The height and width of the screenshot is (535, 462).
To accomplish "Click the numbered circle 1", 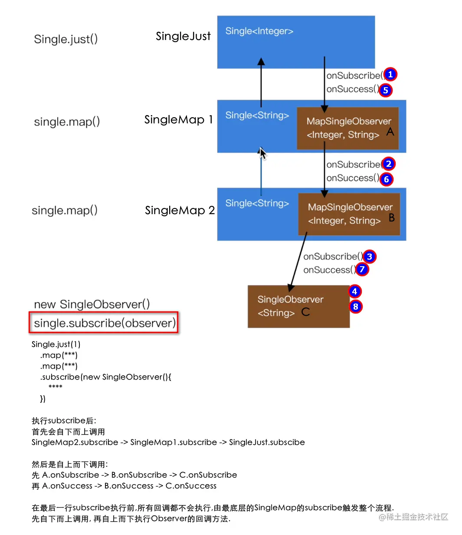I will coord(390,74).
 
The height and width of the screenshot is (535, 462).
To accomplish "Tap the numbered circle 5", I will coord(385,90).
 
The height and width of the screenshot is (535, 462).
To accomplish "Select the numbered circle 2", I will coord(389,164).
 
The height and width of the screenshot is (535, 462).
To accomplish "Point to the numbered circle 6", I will coord(387,179).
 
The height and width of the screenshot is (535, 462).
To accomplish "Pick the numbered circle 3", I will coord(369,256).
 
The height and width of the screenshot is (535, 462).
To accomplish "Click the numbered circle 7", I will coord(362,269).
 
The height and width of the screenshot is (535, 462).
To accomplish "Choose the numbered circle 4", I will coord(354,291).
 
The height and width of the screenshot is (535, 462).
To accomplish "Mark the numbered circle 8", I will coord(355,307).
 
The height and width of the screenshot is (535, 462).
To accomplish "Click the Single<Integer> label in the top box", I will coord(259,31).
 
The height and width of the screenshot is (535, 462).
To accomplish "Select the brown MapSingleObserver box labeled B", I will coord(349,214).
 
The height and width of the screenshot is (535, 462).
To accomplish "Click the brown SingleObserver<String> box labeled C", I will coord(298,306).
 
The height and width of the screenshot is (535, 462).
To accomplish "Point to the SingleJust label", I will coord(183,36).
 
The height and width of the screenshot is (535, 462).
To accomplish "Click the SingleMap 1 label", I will coord(178,119).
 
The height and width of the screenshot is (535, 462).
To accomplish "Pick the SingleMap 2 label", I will coord(180,210).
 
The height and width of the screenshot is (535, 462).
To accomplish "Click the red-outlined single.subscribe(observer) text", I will coord(104,323).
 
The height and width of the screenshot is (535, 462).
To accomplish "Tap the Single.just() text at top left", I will coord(66,39).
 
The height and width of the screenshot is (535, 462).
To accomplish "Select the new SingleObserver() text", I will coord(92,304).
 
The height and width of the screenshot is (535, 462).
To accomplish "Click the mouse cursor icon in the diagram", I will coord(262,153).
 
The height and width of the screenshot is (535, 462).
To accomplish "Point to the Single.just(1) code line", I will coord(56,344).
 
